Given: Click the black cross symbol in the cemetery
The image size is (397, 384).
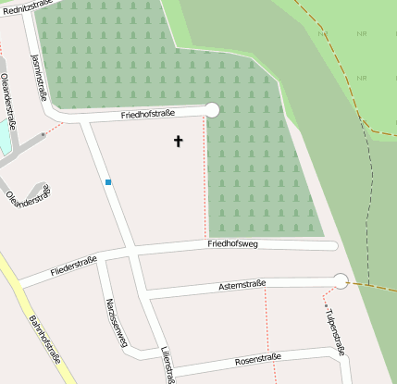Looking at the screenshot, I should pos(178,141).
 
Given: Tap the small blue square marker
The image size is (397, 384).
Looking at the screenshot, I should pos(108,182).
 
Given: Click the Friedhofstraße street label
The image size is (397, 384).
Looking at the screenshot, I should pos(148,115).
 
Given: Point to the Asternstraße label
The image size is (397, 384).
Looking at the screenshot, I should pos(242,284).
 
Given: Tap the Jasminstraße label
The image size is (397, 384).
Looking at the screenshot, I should pos(39,76).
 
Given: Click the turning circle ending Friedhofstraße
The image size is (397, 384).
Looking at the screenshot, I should pos(211,110).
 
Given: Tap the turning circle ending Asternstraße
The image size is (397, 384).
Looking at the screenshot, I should pos(341,281).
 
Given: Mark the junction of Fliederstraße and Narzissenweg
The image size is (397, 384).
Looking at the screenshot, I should pos(104,258).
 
